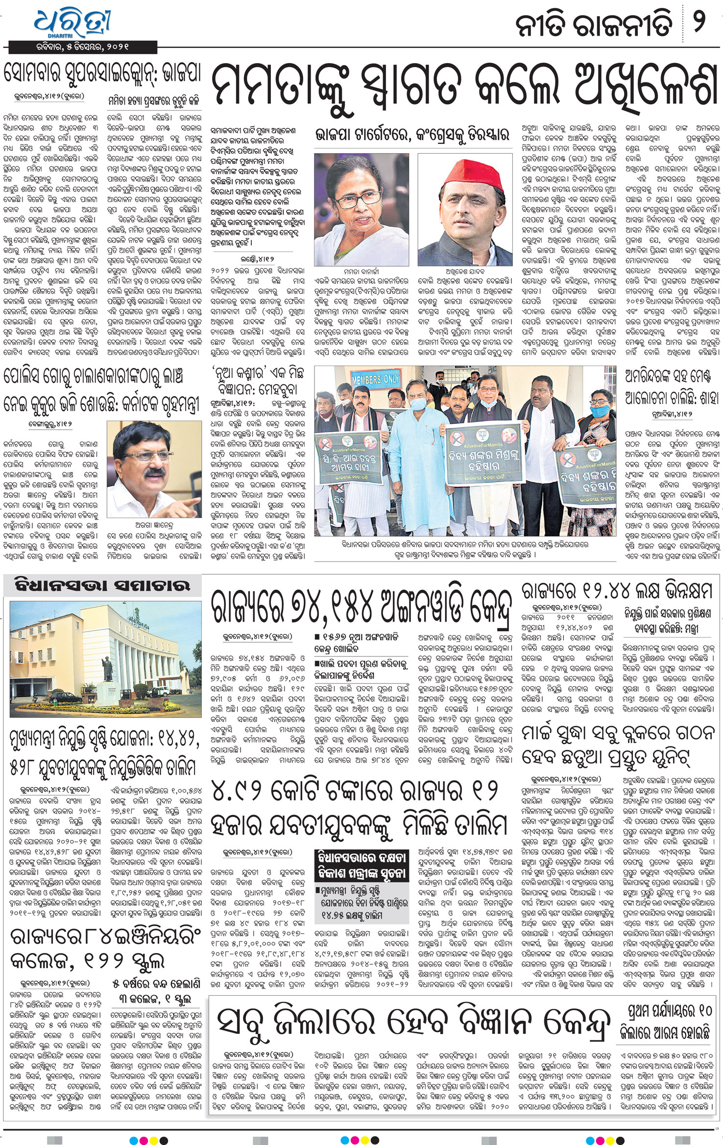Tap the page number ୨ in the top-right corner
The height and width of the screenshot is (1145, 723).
click(x=701, y=23)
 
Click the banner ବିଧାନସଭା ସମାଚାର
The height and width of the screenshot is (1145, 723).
click(x=102, y=585)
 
